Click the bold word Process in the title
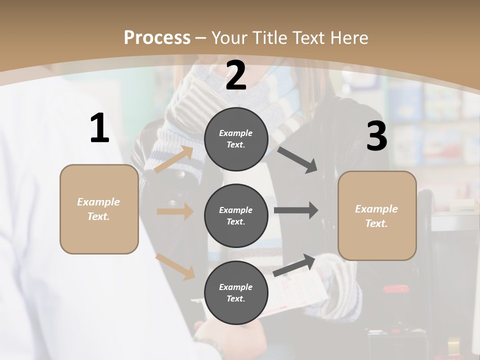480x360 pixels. pos(157,38)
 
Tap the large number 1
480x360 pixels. pos(99,128)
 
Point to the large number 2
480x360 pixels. pos(236,76)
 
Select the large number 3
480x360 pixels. pos(376,136)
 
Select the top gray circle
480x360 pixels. pos(236,138)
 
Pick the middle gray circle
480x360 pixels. pos(236,215)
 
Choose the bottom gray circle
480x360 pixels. pos(236,292)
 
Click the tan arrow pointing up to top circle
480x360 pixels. pos(174,159)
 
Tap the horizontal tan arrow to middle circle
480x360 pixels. pos(175,211)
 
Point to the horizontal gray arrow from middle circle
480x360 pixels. pos(296,210)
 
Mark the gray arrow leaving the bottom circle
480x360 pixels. pos(294,265)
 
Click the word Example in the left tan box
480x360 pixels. pos(98,202)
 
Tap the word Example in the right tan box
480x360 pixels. pos(376,209)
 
